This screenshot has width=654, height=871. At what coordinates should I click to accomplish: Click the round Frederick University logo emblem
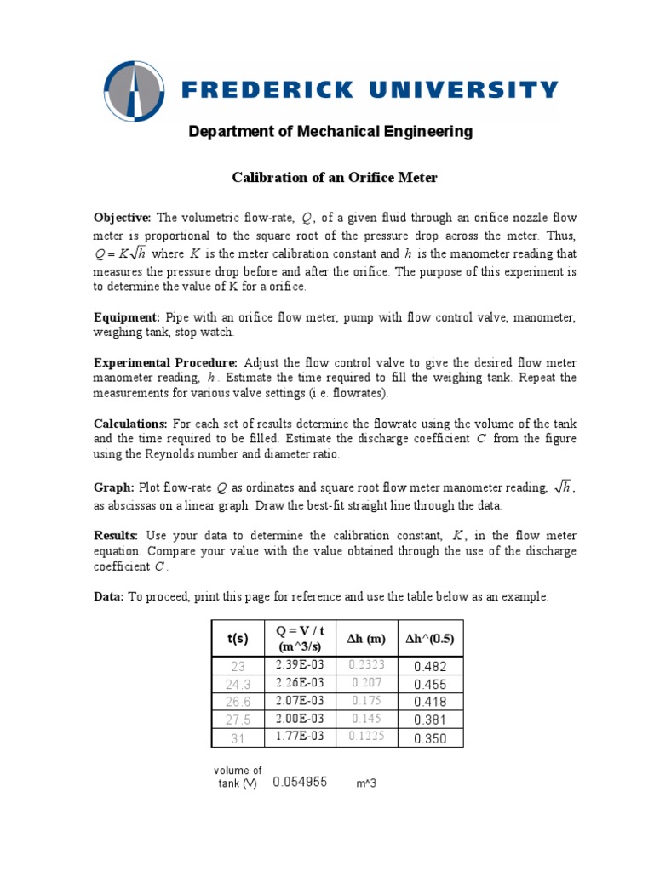pyautogui.click(x=135, y=92)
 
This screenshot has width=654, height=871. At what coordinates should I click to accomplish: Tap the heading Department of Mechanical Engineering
pyautogui.click(x=330, y=132)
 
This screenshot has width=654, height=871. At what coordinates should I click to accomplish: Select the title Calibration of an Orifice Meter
pyautogui.click(x=335, y=177)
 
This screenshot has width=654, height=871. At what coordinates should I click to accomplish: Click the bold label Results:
pyautogui.click(x=116, y=536)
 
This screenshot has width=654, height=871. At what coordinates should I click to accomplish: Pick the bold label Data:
pyautogui.click(x=108, y=597)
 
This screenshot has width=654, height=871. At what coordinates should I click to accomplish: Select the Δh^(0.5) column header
pyautogui.click(x=429, y=638)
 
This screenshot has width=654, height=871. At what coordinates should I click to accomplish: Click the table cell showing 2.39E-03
pyautogui.click(x=300, y=665)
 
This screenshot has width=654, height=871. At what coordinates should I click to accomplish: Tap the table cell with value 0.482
pyautogui.click(x=429, y=667)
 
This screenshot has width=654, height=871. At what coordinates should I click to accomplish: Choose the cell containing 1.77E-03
pyautogui.click(x=300, y=737)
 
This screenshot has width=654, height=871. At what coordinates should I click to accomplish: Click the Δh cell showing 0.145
pyautogui.click(x=366, y=720)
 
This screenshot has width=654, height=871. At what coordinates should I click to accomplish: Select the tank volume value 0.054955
pyautogui.click(x=300, y=782)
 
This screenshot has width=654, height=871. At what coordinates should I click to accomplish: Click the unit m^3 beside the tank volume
pyautogui.click(x=366, y=783)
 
